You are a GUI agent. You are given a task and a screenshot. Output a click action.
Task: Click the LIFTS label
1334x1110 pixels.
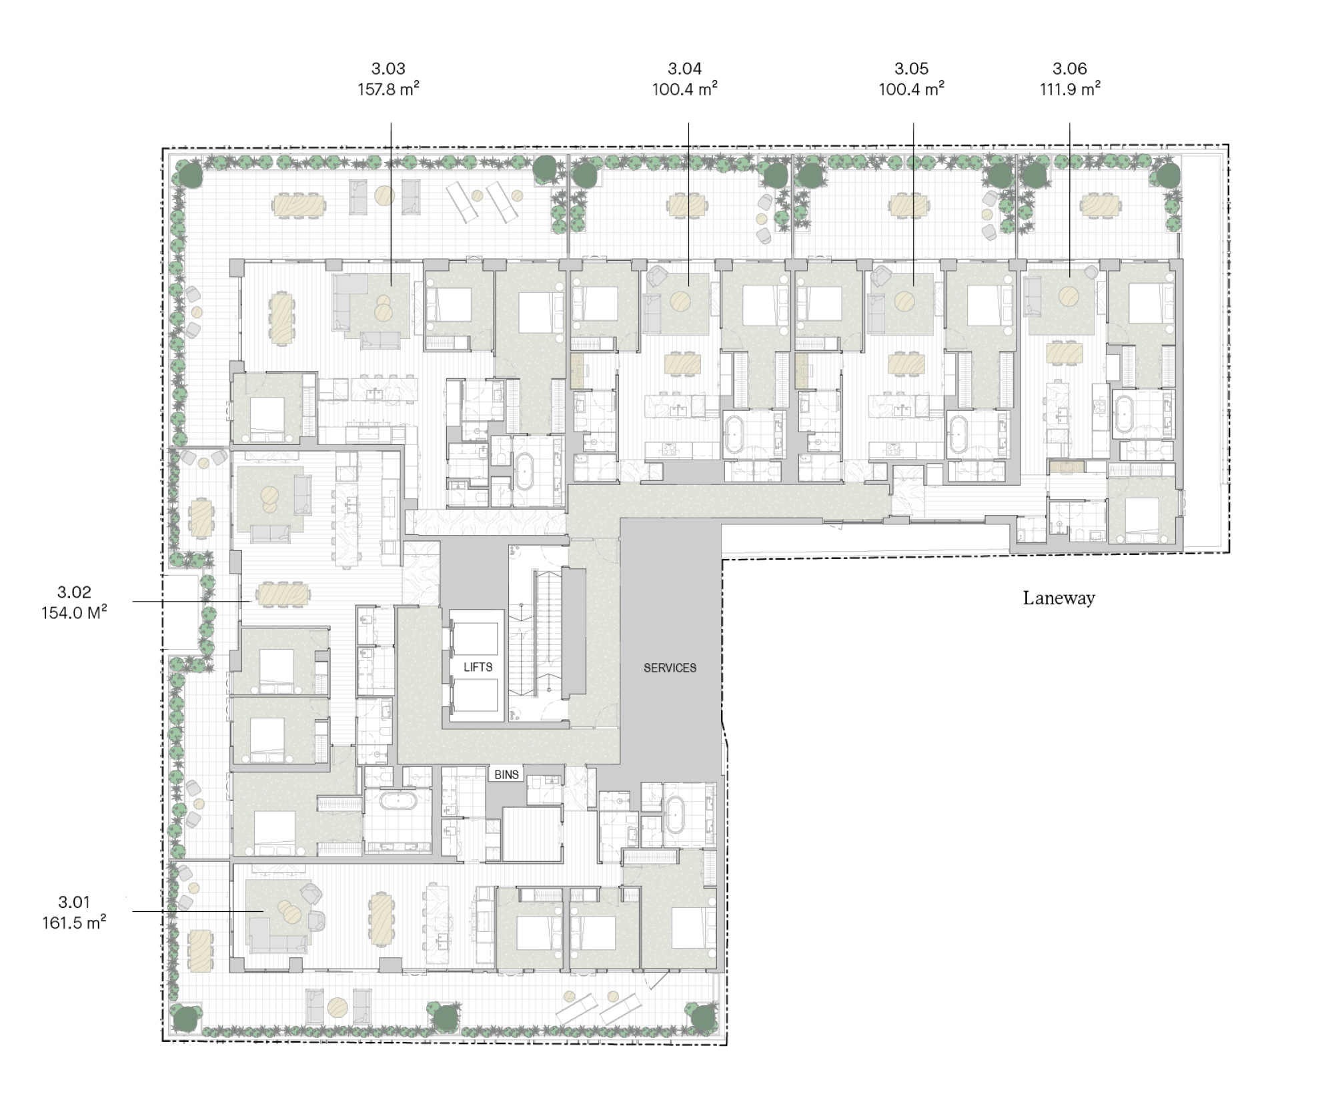(478, 667)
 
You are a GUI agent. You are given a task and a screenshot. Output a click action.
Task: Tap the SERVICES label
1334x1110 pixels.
(670, 668)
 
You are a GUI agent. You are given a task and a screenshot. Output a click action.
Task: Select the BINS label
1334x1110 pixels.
(506, 774)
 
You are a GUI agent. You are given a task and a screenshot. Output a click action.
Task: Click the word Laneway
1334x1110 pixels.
(1059, 598)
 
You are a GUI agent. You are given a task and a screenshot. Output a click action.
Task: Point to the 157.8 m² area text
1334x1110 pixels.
(388, 89)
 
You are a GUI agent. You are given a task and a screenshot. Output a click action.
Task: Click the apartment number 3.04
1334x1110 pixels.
(684, 68)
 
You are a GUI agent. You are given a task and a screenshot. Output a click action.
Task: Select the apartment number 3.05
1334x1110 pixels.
(911, 68)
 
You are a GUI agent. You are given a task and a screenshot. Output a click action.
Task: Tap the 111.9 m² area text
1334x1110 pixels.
(1070, 89)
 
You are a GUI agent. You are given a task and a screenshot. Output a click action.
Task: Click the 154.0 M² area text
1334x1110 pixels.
(74, 612)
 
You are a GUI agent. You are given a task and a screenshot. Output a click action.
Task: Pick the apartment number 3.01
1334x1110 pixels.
(73, 902)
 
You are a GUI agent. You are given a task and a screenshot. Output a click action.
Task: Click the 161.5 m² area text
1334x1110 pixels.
(74, 923)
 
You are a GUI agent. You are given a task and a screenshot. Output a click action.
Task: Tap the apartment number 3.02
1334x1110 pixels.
(73, 592)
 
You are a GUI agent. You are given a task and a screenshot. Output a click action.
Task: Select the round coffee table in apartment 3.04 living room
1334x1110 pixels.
(680, 301)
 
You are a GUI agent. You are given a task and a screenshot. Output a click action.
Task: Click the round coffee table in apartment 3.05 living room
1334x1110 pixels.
(905, 301)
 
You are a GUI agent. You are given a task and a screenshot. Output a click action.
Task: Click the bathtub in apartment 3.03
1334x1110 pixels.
(525, 472)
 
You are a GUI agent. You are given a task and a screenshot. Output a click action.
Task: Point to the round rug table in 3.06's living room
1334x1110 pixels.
(1069, 296)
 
